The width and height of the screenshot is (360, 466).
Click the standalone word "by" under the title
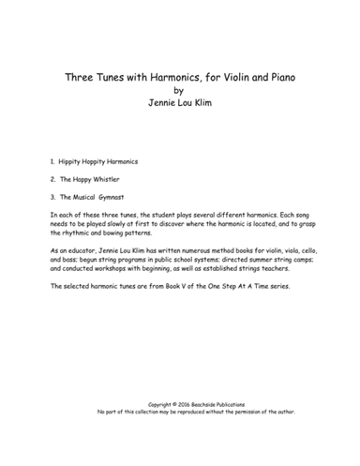point(179,91)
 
